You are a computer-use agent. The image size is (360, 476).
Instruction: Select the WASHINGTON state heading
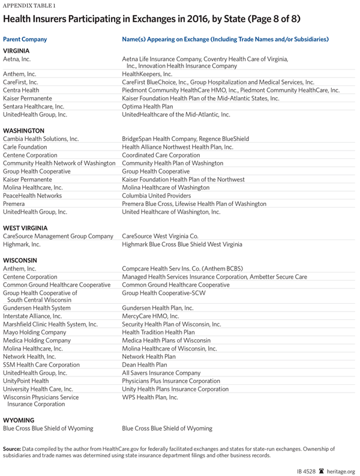tap(23, 130)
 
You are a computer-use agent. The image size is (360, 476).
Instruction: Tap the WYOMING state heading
tap(19, 420)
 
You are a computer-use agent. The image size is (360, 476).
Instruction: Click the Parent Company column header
tap(25, 39)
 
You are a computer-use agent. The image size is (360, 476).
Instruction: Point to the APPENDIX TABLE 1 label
tap(26, 5)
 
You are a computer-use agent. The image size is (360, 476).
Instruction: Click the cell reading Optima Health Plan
tap(147, 106)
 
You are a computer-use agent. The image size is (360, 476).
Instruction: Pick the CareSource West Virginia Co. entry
tap(160, 236)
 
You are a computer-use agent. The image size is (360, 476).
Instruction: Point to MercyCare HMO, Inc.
tap(150, 316)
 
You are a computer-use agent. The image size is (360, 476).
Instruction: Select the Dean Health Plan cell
tap(145, 364)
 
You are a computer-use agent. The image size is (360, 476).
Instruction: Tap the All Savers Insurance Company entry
tap(161, 373)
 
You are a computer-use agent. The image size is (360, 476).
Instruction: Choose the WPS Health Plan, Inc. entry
tap(150, 397)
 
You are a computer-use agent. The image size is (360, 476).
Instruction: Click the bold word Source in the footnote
tap(12, 448)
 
